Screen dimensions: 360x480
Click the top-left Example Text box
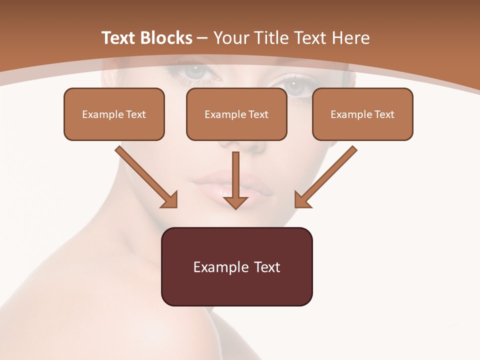coord(114,114)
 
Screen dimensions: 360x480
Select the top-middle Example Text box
coord(236,114)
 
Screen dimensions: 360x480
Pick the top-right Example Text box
coord(362,114)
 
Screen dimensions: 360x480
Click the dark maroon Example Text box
coord(236,266)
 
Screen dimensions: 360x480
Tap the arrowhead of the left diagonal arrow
coord(170,200)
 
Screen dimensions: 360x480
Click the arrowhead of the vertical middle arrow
coord(235,202)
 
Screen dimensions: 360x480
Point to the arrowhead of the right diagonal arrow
coord(302,200)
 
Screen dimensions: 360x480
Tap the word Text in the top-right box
coord(384,114)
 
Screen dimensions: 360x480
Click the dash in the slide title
coord(202,38)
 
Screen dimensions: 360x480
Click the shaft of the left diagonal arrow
coord(142,172)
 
